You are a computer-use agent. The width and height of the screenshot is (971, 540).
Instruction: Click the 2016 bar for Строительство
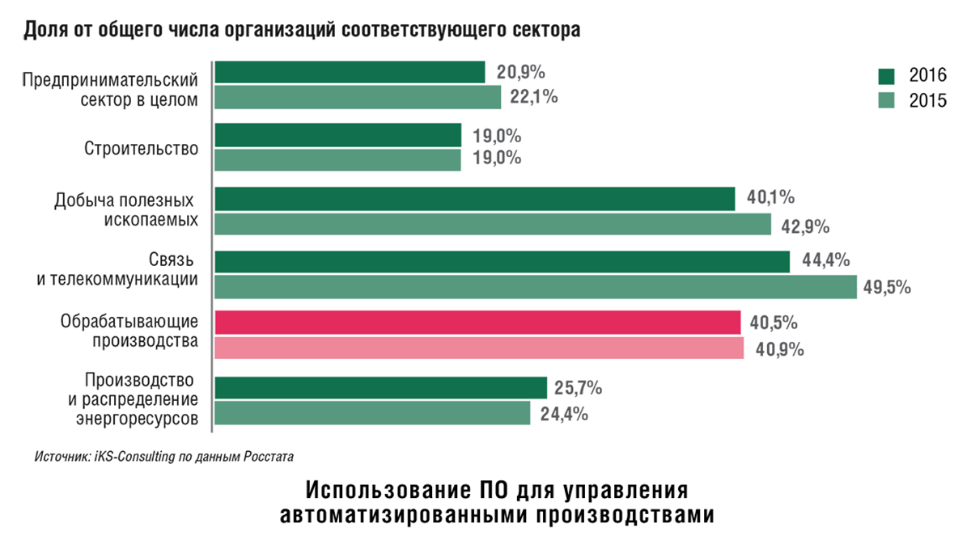pos(337,135)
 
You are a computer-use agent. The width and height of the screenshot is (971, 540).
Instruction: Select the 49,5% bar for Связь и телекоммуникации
pos(536,287)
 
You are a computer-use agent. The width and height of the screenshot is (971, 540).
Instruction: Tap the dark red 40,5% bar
pos(477,323)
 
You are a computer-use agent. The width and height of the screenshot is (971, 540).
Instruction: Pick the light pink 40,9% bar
pos(479,348)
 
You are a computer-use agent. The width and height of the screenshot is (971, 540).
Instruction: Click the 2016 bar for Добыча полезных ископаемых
pos(475,199)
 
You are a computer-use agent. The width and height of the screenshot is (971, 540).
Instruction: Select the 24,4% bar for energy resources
pos(372,414)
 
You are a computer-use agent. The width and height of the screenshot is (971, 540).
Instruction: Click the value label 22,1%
pos(534,97)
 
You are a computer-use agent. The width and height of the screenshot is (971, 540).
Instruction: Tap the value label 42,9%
pos(805,226)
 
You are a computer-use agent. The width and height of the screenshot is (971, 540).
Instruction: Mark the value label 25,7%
pos(578,388)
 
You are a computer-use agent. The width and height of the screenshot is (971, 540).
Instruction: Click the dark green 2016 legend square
pos(887,76)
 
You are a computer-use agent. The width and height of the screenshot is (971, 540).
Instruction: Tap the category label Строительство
pos(141,148)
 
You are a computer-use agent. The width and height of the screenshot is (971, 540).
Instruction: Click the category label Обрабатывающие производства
pos(129,331)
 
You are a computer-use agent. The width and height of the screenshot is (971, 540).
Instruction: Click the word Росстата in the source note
pos(266,457)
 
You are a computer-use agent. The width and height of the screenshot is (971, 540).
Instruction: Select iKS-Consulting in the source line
pos(131,457)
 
